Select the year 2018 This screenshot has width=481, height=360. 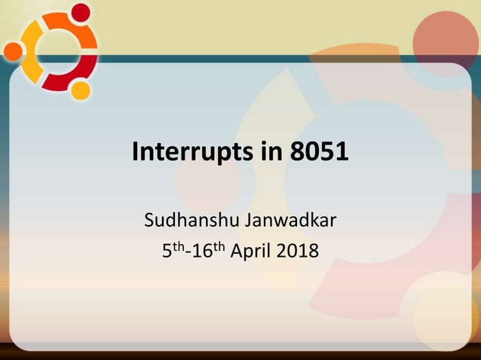(x=299, y=251)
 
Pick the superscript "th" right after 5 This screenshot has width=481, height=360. (x=177, y=246)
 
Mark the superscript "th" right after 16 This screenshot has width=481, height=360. (x=216, y=246)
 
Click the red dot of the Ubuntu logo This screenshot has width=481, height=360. (x=80, y=12)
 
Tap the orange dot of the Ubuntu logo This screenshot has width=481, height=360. (x=13, y=51)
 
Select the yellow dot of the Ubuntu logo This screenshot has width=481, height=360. (x=81, y=90)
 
